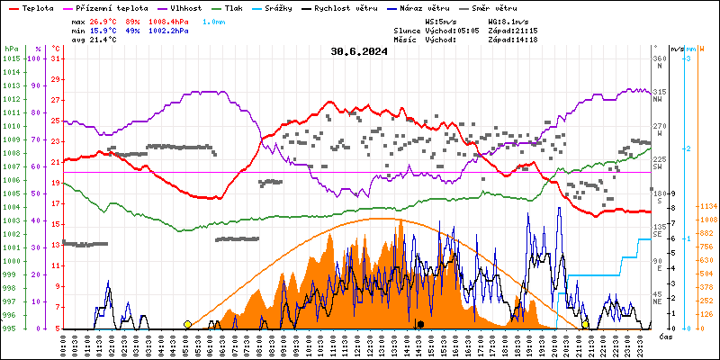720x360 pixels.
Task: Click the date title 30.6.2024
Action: (359, 51)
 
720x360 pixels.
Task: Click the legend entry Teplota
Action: (38, 7)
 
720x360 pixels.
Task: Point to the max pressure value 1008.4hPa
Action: (167, 20)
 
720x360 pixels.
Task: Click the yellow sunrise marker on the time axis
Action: (187, 324)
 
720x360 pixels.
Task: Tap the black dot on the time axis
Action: (420, 324)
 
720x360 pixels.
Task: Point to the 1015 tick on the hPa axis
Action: (11, 58)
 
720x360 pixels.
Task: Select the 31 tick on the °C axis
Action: (56, 58)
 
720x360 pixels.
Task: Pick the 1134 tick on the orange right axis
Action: (707, 206)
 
